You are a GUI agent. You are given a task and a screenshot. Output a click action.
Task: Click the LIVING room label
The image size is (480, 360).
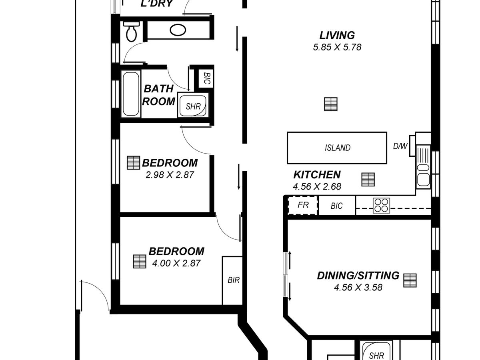coord(337,36)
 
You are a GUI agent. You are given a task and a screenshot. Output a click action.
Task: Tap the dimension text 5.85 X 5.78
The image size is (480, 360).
coord(337,47)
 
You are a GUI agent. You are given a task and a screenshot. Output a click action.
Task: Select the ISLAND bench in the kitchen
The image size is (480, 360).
coord(337,148)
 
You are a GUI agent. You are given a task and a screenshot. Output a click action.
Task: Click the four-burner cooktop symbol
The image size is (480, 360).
coord(381,206)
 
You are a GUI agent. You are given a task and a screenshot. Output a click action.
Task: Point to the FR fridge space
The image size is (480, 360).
coord(303,205)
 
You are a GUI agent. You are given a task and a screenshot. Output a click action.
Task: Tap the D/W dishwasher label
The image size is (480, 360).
coord(400,146)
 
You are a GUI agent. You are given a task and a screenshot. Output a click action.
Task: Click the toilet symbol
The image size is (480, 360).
coord(132,32)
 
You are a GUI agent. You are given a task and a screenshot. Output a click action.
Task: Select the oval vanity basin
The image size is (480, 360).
coord(178,30)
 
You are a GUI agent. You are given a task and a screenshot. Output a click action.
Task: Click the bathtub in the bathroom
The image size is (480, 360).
coord(131,94)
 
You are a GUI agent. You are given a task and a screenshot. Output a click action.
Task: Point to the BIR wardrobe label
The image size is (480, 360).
coord(234,280)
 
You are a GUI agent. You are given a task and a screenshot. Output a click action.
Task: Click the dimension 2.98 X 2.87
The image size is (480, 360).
coord(170,175)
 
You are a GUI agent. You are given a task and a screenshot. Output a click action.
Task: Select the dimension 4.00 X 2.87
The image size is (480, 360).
coord(176,263)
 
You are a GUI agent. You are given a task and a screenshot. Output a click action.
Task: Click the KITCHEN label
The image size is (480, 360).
coord(317,175)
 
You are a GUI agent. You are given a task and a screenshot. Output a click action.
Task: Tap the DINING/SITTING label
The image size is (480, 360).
coord(358,276)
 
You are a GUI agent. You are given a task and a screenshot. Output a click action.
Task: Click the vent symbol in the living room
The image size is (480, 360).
coord(331,104)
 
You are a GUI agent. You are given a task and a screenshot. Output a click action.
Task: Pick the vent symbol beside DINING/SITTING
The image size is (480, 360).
coord(410,280)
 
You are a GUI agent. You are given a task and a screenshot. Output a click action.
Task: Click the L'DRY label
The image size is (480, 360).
coord(157,4)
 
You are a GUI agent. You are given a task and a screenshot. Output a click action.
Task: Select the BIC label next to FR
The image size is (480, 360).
coord(336,206)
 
